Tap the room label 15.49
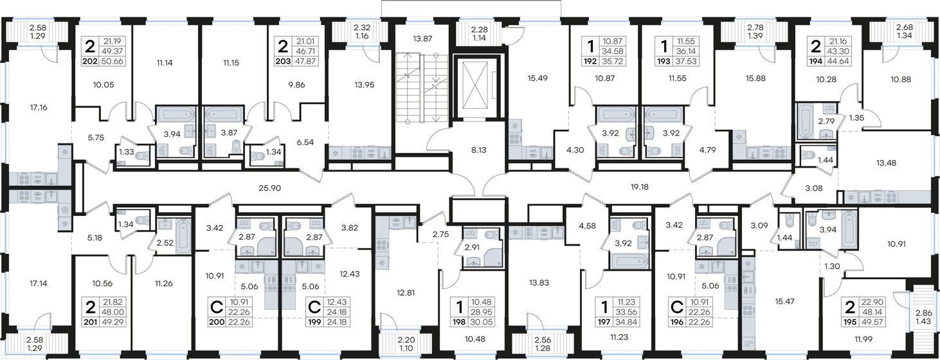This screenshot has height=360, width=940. [528, 78]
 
